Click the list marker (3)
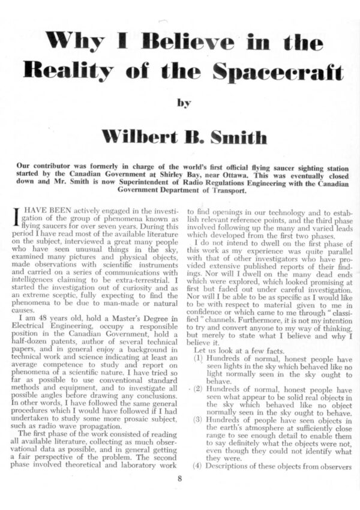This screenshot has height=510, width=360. tap(200, 421)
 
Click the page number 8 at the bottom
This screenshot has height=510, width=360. tap(179, 478)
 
